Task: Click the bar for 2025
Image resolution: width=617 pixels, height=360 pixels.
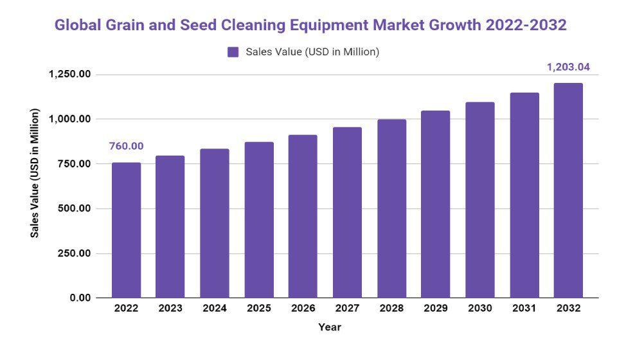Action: point(259,220)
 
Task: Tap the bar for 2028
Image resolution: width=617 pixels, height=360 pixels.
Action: point(391,208)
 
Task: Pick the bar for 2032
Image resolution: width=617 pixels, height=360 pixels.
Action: point(568,190)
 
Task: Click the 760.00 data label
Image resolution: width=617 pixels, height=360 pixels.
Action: point(126,147)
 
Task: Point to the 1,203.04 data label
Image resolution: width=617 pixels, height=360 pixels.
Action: point(568,67)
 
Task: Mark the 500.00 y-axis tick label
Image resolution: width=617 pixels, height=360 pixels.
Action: point(73,209)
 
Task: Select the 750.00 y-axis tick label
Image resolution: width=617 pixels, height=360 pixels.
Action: point(73,164)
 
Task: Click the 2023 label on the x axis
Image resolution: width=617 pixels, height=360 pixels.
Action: point(170,309)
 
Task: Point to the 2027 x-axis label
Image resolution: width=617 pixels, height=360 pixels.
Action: point(347,309)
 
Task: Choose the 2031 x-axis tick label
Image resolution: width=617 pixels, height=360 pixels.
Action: point(524,309)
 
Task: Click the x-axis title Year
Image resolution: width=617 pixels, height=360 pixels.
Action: point(330,327)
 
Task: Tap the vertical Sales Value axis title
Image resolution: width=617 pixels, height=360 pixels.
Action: point(35,174)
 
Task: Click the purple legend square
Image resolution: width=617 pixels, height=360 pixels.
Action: point(233,52)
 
